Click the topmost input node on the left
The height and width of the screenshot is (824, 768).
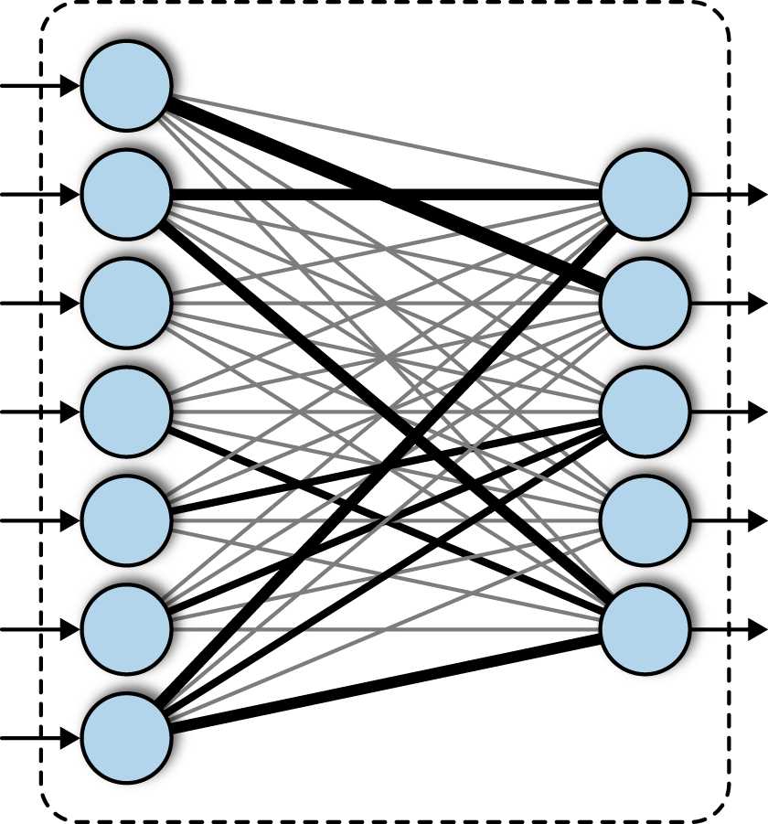tap(126, 86)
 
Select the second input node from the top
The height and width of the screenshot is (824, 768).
tap(126, 194)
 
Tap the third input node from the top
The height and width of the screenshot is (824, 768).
tap(126, 303)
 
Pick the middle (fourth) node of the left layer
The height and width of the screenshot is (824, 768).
tap(126, 412)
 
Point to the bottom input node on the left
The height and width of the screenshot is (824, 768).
tap(126, 737)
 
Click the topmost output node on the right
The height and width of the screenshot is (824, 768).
tap(645, 194)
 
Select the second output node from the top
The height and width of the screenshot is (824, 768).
tap(645, 303)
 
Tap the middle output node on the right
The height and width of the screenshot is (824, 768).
tap(645, 412)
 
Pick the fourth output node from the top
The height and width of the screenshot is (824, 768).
tap(645, 520)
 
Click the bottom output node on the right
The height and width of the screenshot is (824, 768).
tap(645, 629)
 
